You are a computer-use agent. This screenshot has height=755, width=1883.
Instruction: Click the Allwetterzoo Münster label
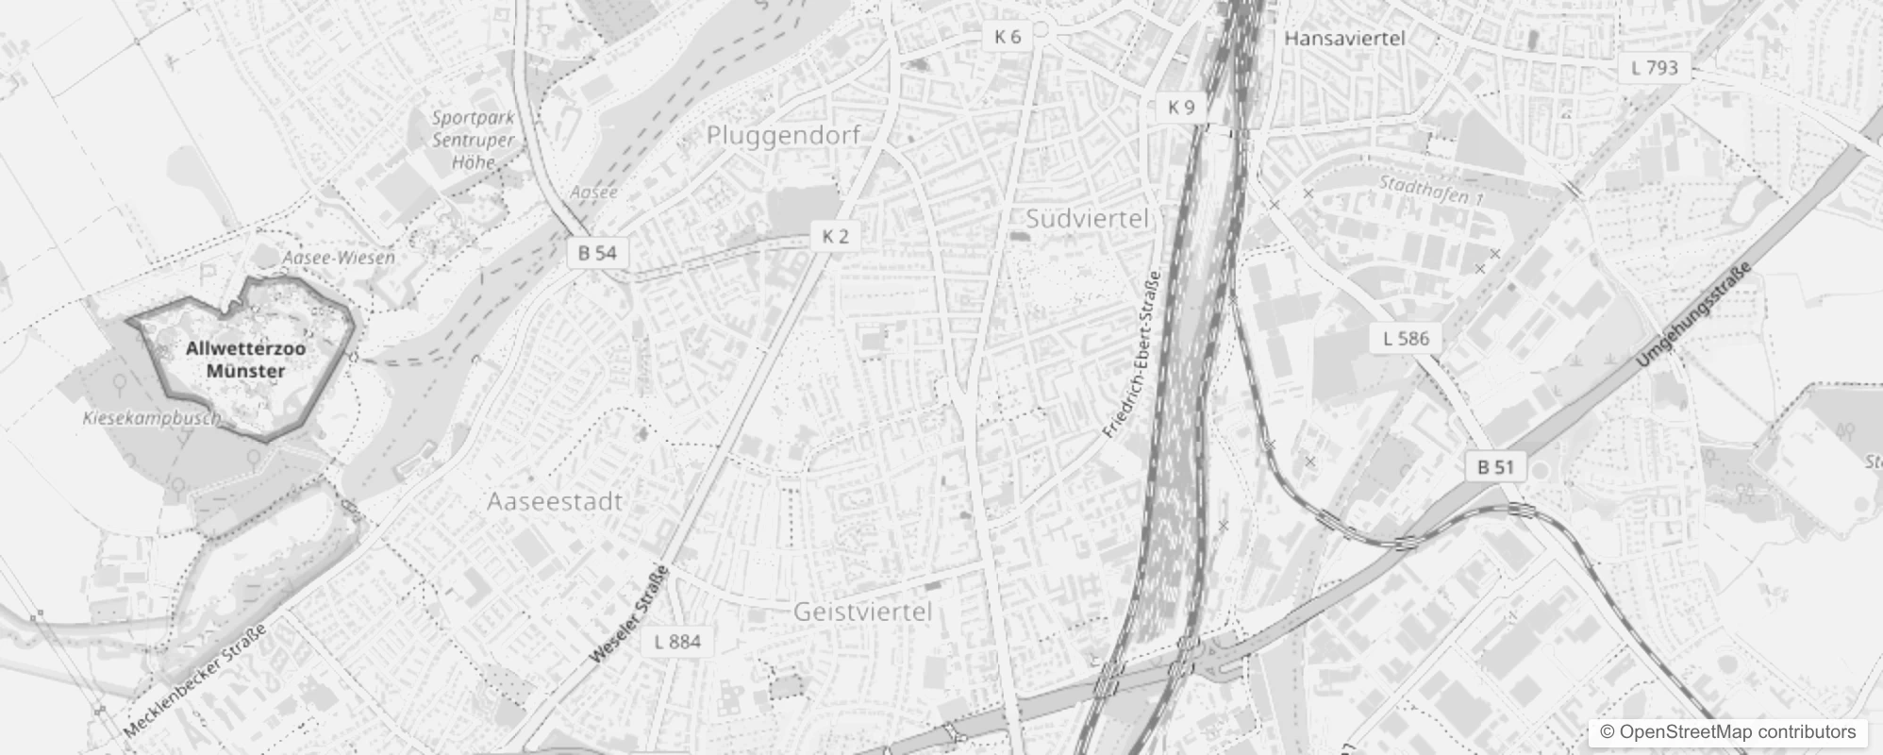click(x=245, y=360)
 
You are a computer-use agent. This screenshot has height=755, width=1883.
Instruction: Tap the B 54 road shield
click(x=597, y=253)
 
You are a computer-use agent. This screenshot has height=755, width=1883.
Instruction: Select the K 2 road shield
click(x=835, y=236)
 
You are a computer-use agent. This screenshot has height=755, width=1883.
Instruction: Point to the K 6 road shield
click(x=1008, y=37)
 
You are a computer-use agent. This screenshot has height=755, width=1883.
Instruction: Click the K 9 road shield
click(x=1181, y=108)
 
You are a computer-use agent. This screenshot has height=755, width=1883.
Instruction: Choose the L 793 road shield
click(x=1655, y=68)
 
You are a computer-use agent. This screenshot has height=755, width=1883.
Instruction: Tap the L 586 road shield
click(x=1406, y=338)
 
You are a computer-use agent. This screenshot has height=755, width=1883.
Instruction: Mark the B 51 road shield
click(x=1495, y=466)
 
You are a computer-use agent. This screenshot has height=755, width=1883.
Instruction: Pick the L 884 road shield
click(x=677, y=642)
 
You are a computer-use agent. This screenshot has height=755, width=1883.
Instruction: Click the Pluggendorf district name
click(x=783, y=136)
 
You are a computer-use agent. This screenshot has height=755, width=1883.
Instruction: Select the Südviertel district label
click(x=1087, y=219)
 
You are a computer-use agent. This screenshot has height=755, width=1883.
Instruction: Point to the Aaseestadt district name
click(x=555, y=501)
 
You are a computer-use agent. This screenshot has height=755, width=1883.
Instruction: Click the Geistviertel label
click(x=862, y=612)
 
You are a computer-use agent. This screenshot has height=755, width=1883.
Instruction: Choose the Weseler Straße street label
click(x=628, y=613)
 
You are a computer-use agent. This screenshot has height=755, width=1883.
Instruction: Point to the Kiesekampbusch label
click(x=151, y=417)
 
